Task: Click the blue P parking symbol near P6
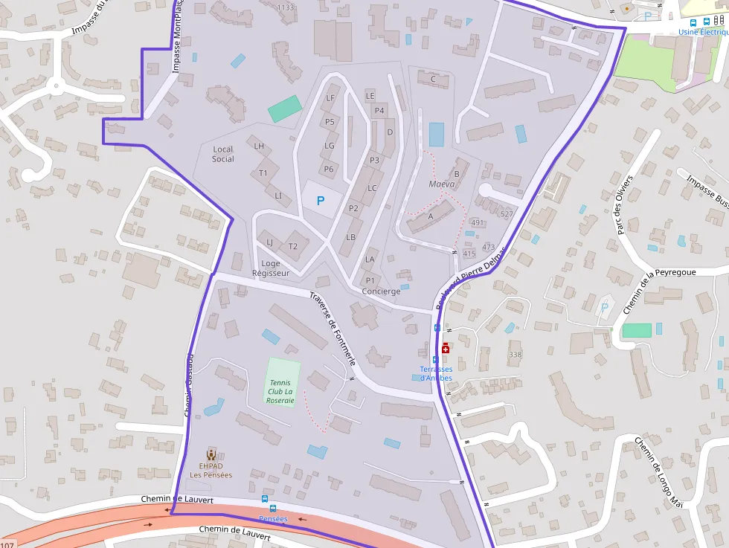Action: coord(321,200)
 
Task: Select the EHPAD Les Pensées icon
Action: coord(211,454)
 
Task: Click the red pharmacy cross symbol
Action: coord(446,348)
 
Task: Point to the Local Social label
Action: coord(222,154)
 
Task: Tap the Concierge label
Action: coord(381,291)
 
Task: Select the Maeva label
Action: coord(442,184)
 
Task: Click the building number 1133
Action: coord(286,7)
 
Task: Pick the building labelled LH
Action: coord(260,146)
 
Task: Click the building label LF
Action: coord(331,98)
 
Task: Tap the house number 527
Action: coord(507,214)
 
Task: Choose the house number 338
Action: coord(516,355)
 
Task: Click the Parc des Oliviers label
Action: coord(623,205)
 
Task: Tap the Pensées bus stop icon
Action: coord(264,499)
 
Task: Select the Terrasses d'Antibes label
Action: coord(436,373)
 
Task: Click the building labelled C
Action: coord(432,79)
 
